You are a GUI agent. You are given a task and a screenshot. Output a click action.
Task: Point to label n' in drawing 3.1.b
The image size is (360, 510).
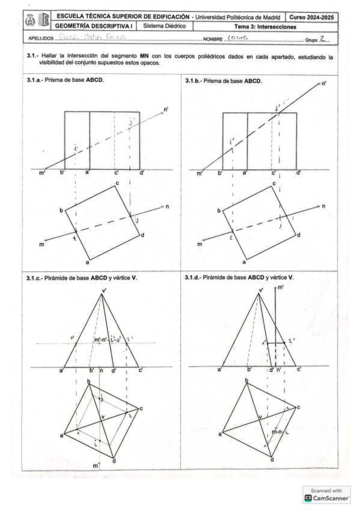click(x=324, y=85)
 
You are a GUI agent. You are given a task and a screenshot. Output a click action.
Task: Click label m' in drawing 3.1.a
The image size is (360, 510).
click(x=42, y=174)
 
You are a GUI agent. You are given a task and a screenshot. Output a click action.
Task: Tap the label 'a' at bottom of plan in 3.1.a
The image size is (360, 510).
click(x=88, y=262)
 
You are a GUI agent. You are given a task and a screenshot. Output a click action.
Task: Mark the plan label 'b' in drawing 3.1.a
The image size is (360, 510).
click(x=61, y=211)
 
